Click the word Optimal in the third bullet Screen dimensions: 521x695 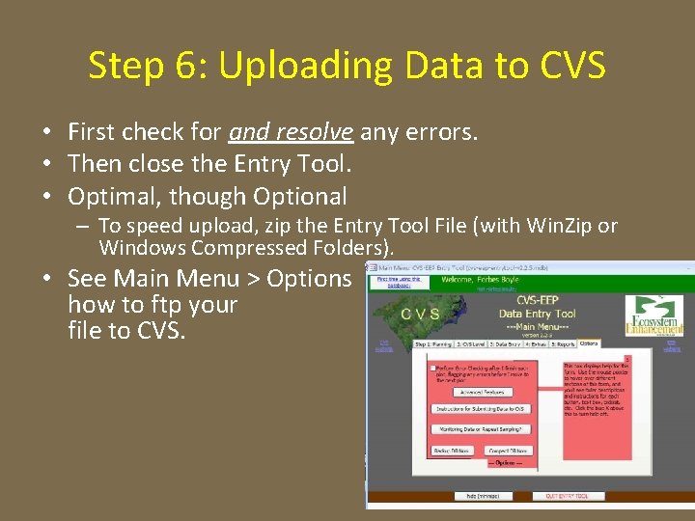[x=108, y=196]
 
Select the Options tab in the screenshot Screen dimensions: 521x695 [x=589, y=343]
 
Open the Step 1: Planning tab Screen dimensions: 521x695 [x=433, y=343]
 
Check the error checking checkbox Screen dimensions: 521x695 [x=432, y=368]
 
